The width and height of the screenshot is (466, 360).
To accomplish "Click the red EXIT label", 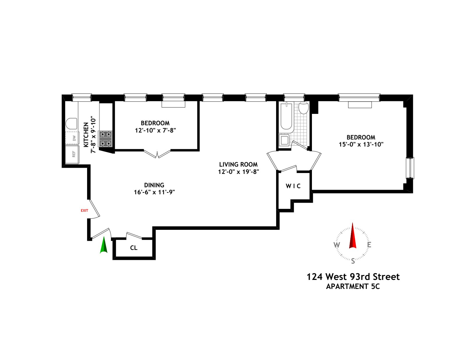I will [84, 210].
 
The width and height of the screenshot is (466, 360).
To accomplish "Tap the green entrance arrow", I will [104, 245].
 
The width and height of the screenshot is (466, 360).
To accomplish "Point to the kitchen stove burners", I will [105, 139].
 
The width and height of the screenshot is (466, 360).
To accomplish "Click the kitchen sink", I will [71, 123].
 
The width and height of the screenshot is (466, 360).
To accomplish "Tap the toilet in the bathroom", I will [303, 108].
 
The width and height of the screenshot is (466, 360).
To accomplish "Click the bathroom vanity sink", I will [284, 140].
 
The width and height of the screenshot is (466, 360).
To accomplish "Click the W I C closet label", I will [293, 186].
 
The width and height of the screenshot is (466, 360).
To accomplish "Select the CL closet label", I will [134, 248].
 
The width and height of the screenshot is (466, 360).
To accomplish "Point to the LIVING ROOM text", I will [238, 165].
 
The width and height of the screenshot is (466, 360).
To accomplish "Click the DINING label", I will [154, 185].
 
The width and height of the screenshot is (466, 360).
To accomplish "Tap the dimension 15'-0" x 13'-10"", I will [361, 144].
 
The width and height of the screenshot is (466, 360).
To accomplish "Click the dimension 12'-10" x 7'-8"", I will [155, 130].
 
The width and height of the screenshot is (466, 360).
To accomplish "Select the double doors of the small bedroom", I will [157, 154].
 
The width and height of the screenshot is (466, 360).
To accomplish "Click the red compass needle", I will [353, 236].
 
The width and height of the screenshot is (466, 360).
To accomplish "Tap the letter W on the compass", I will [337, 245].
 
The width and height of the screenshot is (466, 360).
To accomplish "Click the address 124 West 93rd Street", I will [353, 277].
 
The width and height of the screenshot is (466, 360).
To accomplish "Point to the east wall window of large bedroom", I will [410, 168].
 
